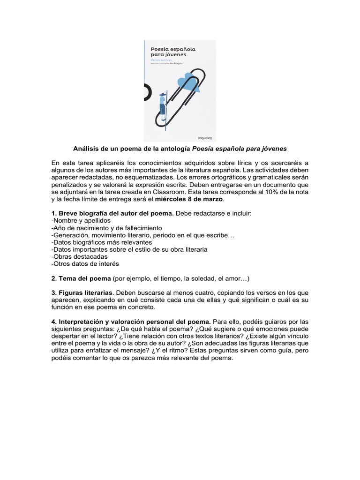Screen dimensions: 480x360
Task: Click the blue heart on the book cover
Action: pyautogui.click(x=189, y=81)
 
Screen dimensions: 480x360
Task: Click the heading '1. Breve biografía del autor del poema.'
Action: pyautogui.click(x=112, y=213)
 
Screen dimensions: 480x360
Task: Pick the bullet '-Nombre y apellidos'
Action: pyautogui.click(x=81, y=220)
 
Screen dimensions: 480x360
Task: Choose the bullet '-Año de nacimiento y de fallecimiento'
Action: pyautogui.click(x=106, y=228)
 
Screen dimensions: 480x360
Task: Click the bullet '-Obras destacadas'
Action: pyautogui.click(x=79, y=257)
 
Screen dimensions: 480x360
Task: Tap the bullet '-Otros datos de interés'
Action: pyautogui.click(x=85, y=264)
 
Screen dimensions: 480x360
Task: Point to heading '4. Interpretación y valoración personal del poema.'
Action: pyautogui.click(x=131, y=322)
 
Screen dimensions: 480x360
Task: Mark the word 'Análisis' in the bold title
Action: pyautogui.click(x=86, y=149)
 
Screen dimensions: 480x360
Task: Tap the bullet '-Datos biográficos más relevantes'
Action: pyautogui.click(x=101, y=242)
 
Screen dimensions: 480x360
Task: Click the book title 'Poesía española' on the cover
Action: pyautogui.click(x=172, y=48)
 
